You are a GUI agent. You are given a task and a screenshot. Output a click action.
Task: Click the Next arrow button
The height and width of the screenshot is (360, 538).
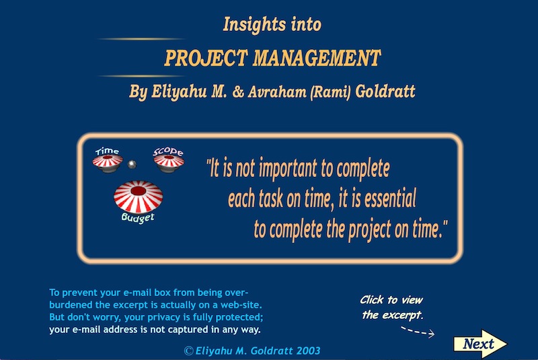pos(480,344)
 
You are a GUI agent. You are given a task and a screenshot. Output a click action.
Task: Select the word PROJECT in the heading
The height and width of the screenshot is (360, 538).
pos(206,58)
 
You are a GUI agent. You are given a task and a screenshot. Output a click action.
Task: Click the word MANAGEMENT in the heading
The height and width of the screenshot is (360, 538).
pos(317,58)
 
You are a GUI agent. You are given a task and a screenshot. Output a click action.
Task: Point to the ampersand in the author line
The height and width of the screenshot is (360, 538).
pos(238,92)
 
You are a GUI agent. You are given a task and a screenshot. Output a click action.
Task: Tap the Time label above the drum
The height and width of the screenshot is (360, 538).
pos(108,151)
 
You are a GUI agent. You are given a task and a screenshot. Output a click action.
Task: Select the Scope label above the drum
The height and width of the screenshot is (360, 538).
pos(168,151)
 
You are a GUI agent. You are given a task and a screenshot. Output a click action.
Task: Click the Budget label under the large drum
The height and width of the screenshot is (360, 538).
pos(138,217)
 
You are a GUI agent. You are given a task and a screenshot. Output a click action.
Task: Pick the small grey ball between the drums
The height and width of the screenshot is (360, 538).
pos(132,164)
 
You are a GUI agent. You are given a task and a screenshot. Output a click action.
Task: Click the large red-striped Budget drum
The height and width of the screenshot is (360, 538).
pos(139,196)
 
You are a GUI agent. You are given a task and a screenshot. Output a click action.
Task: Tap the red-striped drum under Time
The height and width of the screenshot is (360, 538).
pos(108,164)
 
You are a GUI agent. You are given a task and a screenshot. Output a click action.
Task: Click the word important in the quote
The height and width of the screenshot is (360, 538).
pos(288,168)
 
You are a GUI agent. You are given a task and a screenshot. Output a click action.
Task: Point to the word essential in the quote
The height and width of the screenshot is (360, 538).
pos(390,199)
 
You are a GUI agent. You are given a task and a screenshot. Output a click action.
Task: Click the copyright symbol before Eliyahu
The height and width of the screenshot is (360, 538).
pos(188,351)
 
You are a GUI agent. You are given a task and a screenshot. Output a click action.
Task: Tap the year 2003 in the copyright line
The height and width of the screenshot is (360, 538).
pos(308,351)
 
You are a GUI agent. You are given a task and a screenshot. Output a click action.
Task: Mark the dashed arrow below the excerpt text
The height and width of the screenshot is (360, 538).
pos(418,331)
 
